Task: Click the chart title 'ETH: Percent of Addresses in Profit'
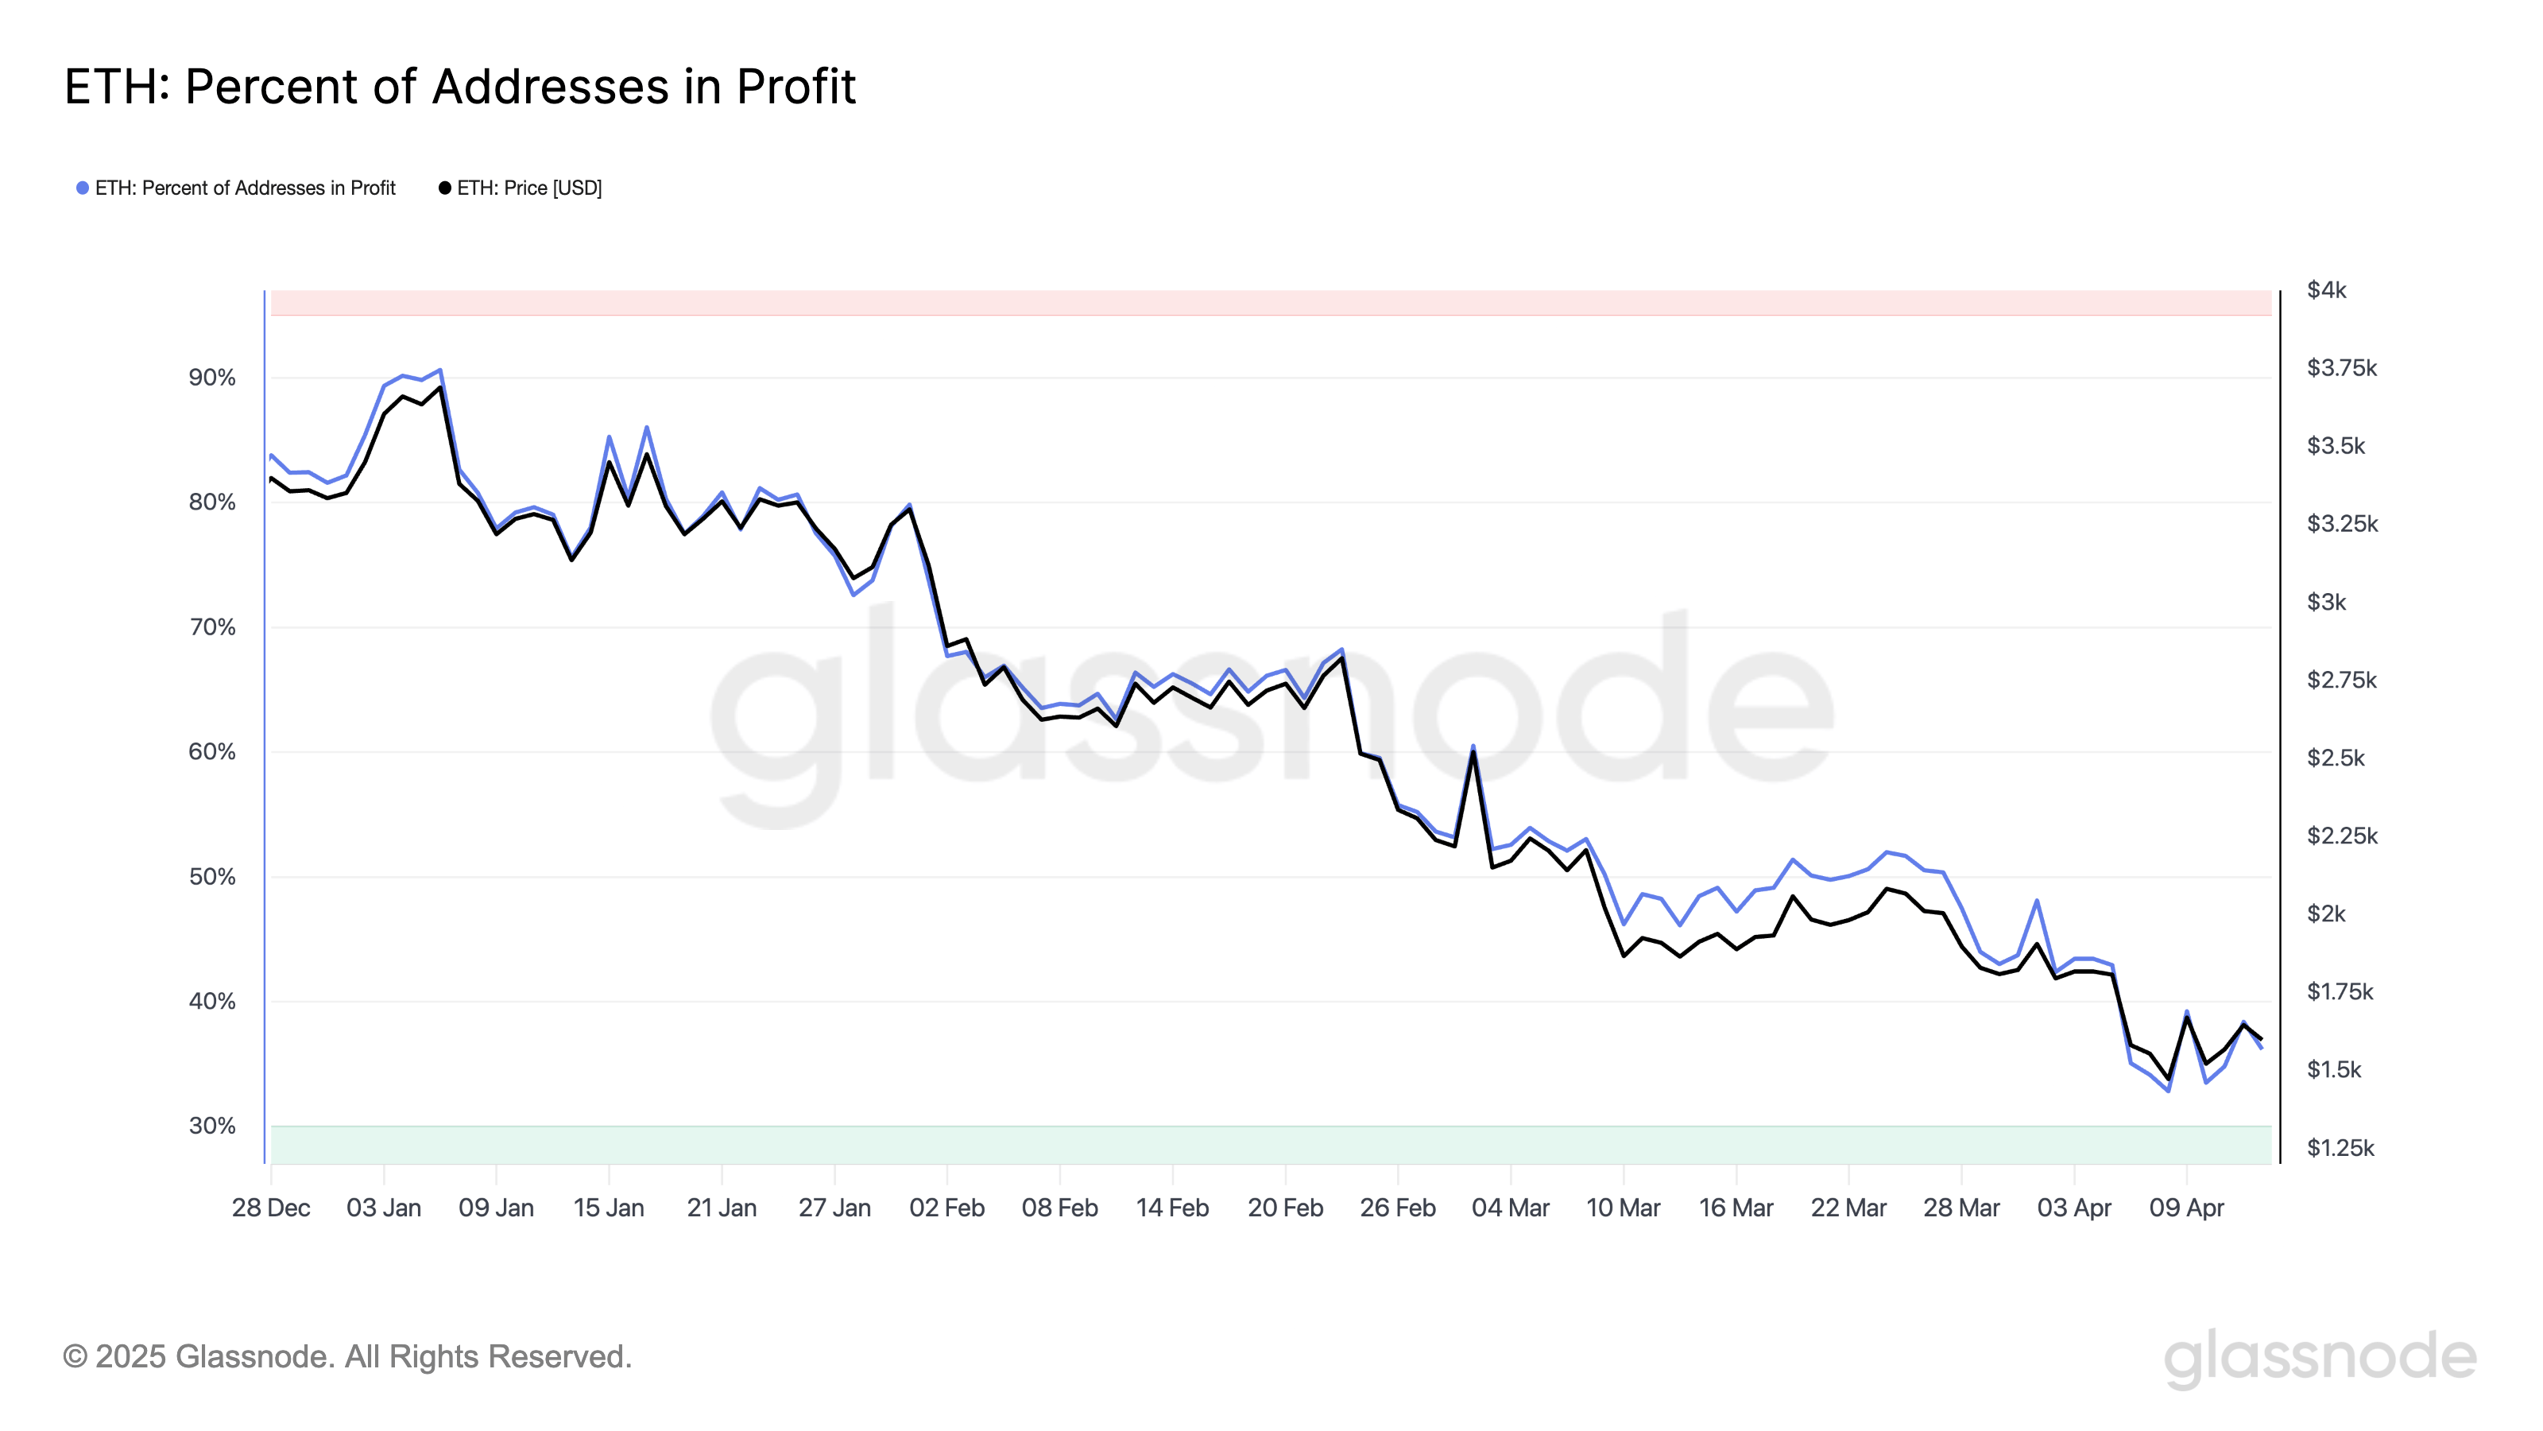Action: click(x=460, y=86)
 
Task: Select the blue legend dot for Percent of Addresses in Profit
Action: click(x=83, y=188)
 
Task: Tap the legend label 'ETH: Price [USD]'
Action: click(x=529, y=188)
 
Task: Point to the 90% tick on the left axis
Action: click(x=212, y=378)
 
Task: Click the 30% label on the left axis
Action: click(x=212, y=1126)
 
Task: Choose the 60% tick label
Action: click(x=212, y=751)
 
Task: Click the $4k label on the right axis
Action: click(x=2327, y=289)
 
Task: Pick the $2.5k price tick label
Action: click(x=2336, y=758)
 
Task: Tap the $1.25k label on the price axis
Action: click(x=2340, y=1147)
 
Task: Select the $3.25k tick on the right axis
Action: click(x=2342, y=523)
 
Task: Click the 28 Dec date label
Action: click(x=270, y=1208)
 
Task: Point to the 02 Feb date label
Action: click(x=946, y=1208)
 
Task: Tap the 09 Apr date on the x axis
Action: click(x=2187, y=1208)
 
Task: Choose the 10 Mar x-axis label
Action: click(x=1623, y=1208)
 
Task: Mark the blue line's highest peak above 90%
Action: click(x=440, y=370)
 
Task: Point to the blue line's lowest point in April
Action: click(x=2168, y=1090)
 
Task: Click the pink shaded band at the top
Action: click(x=1271, y=302)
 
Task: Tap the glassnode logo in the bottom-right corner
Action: click(x=2320, y=1357)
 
